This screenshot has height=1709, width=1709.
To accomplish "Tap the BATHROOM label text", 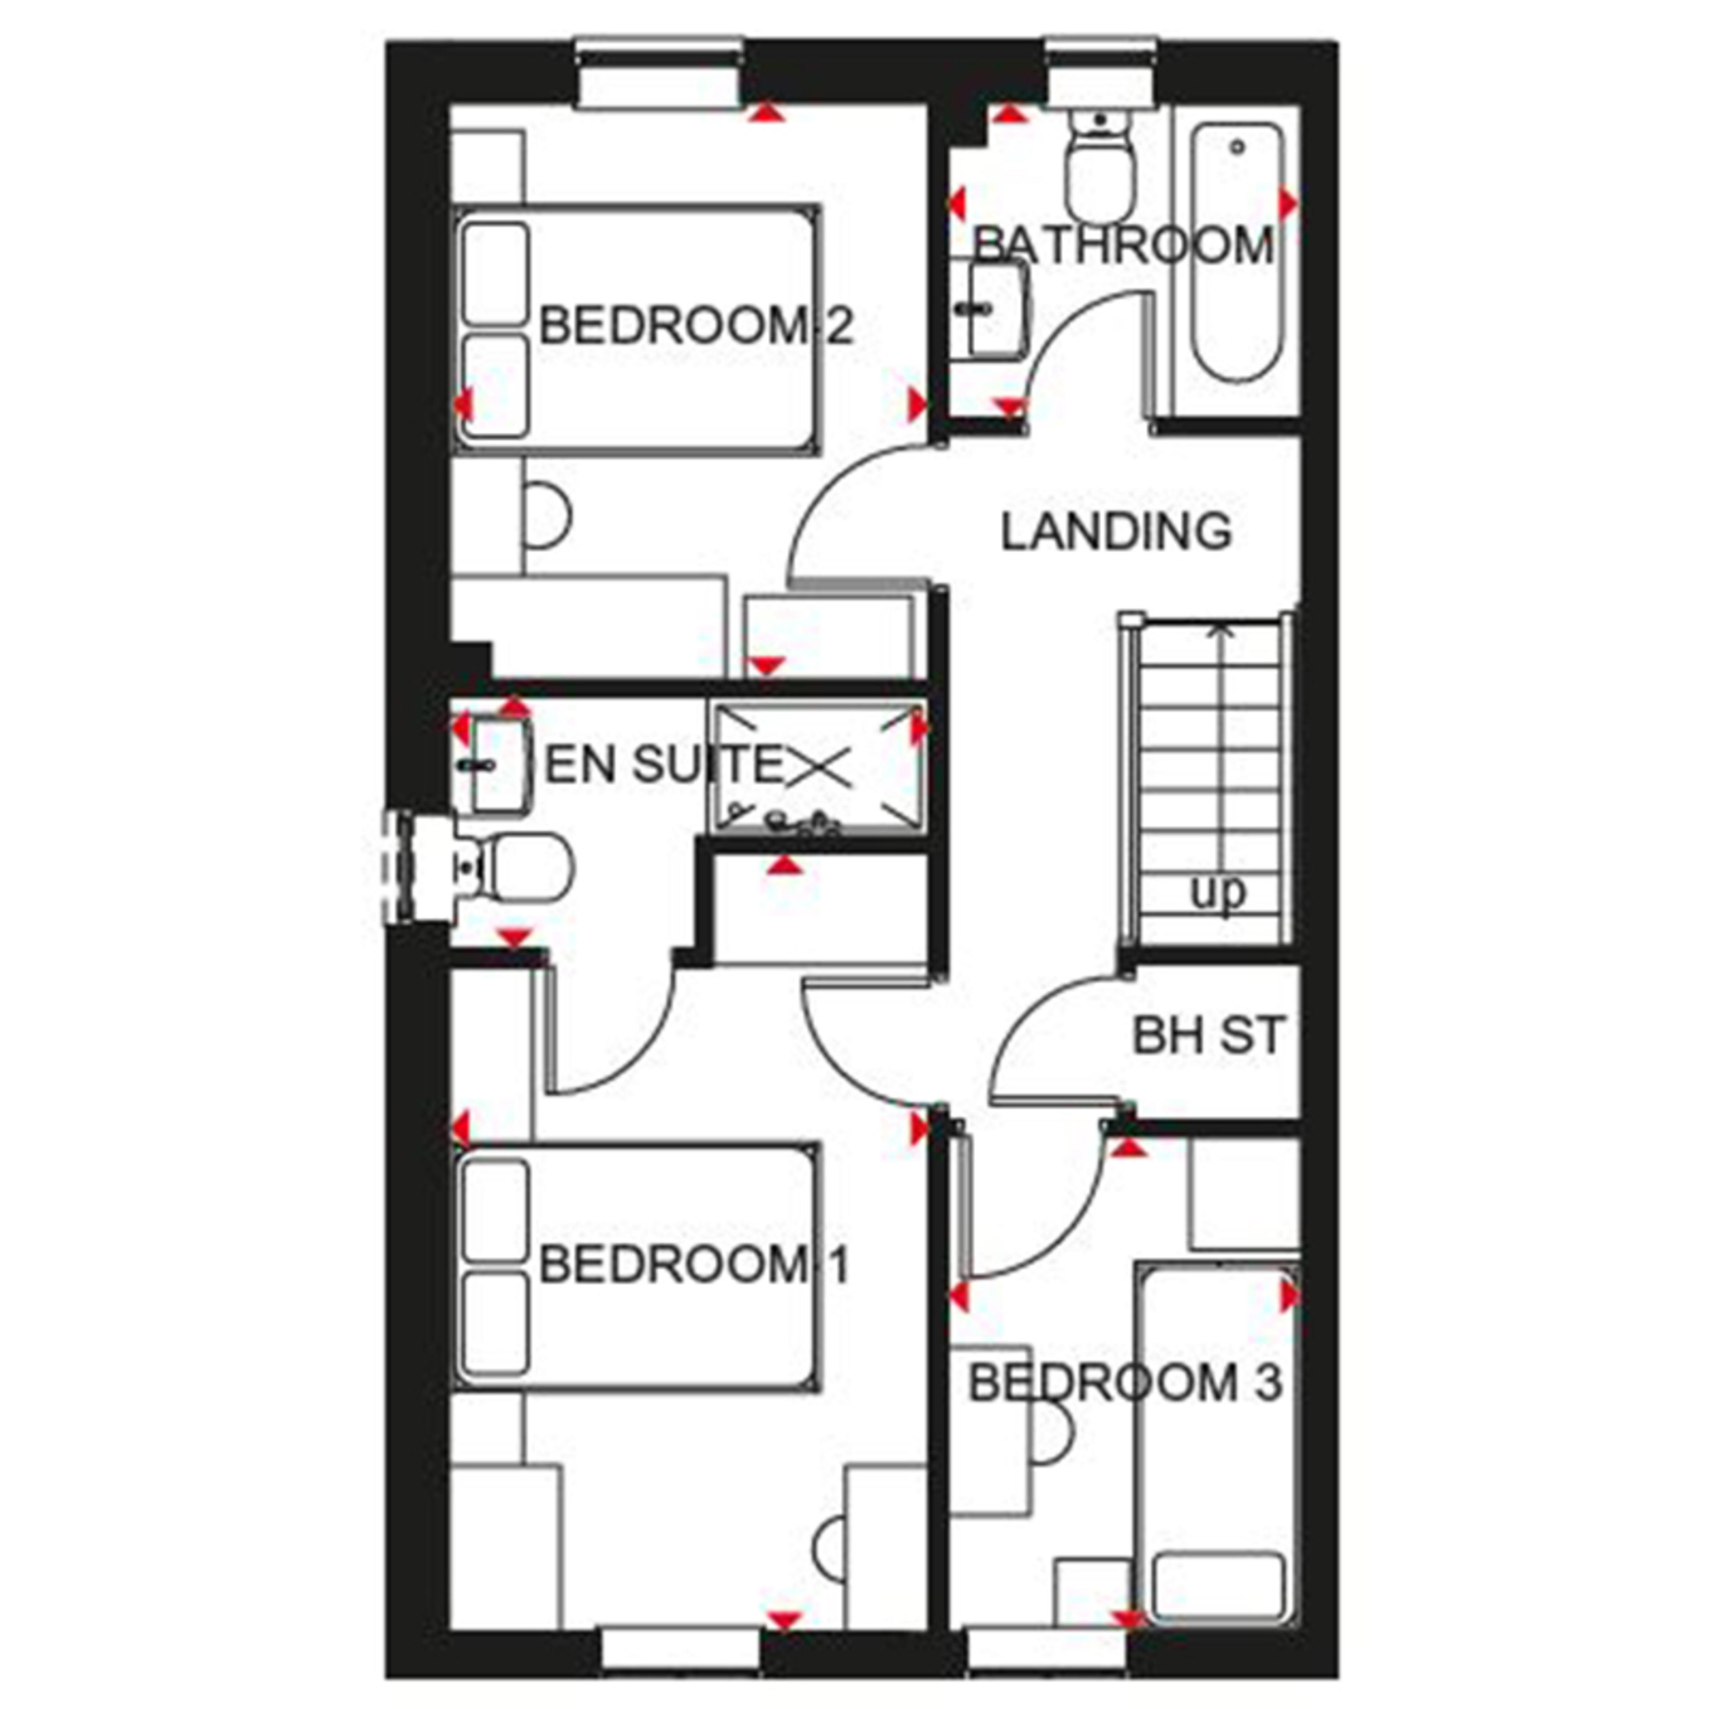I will tap(1123, 246).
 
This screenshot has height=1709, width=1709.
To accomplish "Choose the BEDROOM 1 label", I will tap(694, 1265).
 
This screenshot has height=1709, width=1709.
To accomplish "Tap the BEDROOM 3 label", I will tap(1125, 1383).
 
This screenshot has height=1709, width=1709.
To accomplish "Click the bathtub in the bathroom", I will tap(1236, 252).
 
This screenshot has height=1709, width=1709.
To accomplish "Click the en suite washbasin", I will tap(498, 765).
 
